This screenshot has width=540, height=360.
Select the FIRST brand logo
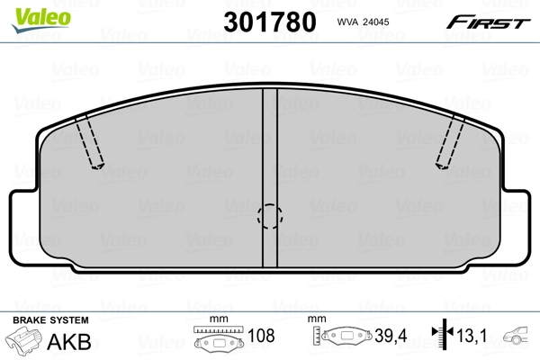(x=490, y=21)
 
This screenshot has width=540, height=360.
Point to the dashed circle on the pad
(x=270, y=216)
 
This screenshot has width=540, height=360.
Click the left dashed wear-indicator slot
(x=91, y=144)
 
